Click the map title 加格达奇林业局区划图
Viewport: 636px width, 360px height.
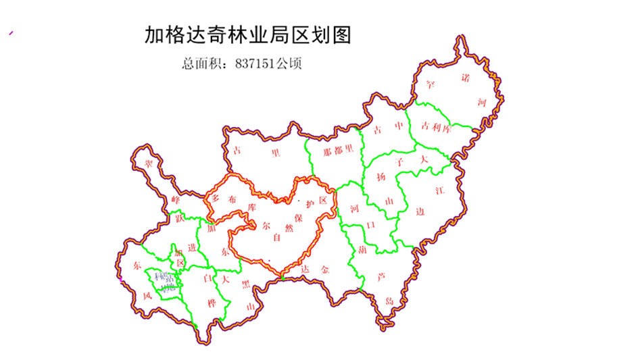click(x=248, y=35)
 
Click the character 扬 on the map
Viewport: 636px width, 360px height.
click(x=381, y=178)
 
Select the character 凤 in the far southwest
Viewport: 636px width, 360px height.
click(x=147, y=295)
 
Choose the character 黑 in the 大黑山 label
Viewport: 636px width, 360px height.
click(x=245, y=285)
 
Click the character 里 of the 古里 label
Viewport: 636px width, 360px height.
click(x=275, y=153)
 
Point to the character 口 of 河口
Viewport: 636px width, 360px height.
click(x=368, y=224)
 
